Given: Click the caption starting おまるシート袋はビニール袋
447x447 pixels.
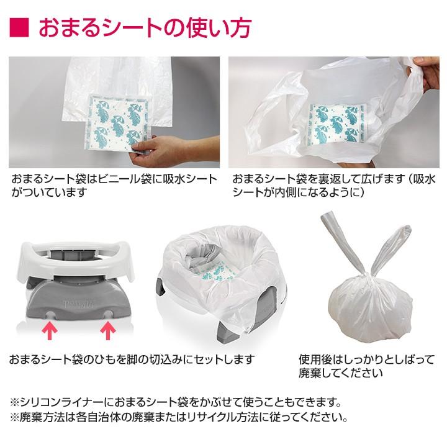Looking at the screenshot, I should coord(114,186).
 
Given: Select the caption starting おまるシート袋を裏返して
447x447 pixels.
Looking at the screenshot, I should coord(335,186).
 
